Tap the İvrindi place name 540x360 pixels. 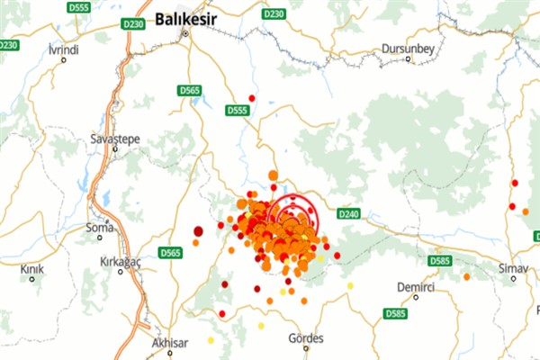(x=64, y=47)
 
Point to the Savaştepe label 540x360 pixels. (x=111, y=139)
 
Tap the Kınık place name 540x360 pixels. (x=32, y=268)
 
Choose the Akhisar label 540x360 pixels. (x=169, y=343)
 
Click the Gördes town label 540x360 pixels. (x=304, y=338)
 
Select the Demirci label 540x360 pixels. (x=416, y=286)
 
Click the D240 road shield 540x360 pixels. (x=350, y=214)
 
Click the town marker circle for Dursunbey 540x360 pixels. (x=409, y=59)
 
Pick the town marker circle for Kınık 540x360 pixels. (x=32, y=279)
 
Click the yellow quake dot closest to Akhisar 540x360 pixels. (x=211, y=340)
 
